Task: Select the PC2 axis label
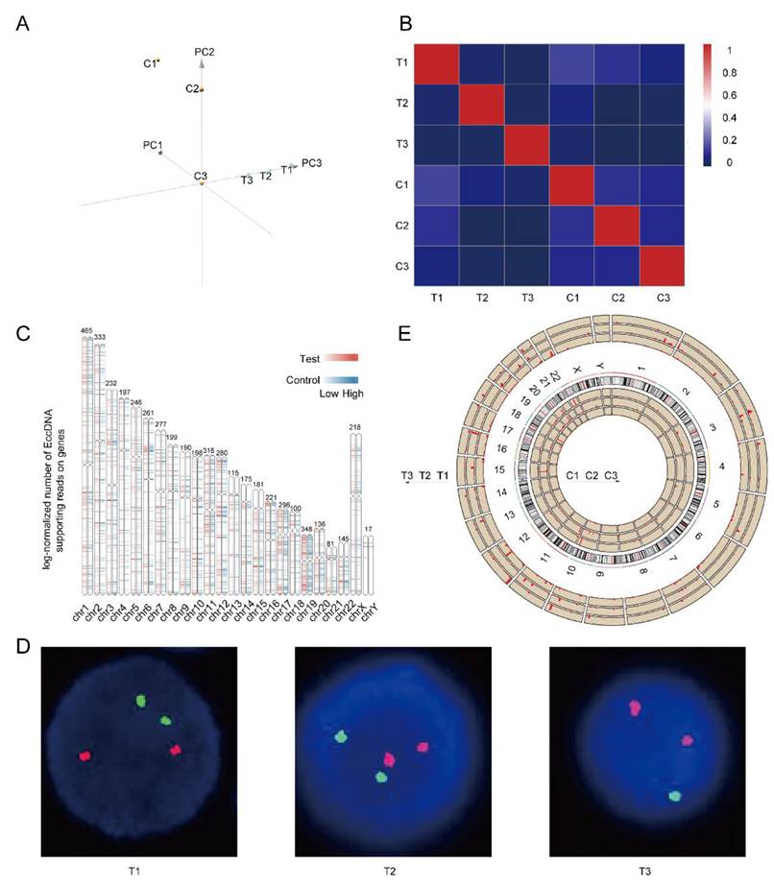click(x=204, y=51)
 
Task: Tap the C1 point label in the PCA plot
click(x=149, y=63)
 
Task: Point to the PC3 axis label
click(x=311, y=163)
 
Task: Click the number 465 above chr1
click(x=86, y=331)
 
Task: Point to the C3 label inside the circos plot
click(x=611, y=475)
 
